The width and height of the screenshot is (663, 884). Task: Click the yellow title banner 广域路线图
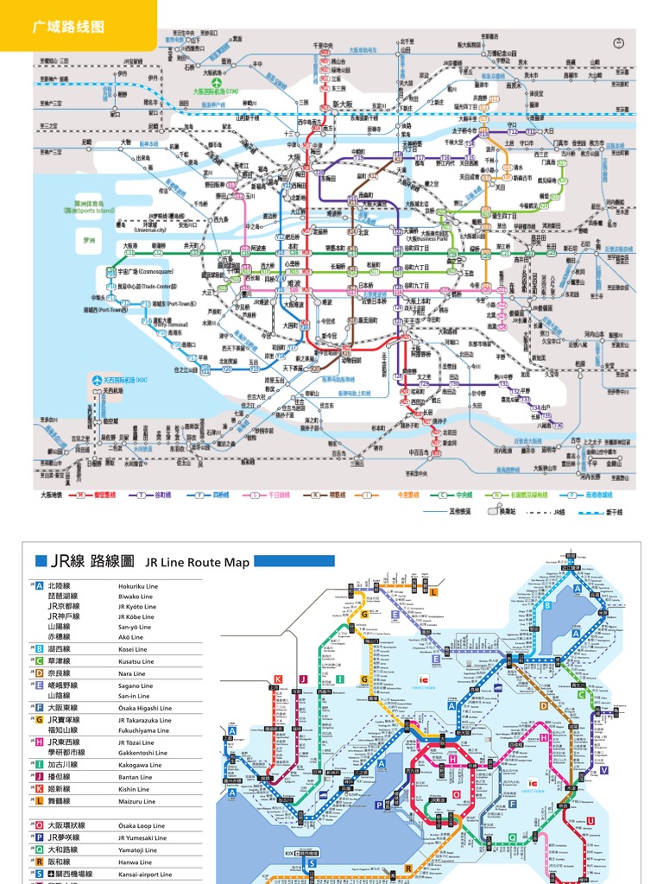click(68, 27)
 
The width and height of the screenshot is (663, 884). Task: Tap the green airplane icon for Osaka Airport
click(215, 82)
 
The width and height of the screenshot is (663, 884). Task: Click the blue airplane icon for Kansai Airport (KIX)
click(97, 380)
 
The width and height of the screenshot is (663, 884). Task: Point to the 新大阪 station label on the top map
click(344, 104)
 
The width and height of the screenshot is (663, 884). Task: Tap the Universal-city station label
click(160, 230)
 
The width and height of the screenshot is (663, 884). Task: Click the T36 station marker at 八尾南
click(558, 426)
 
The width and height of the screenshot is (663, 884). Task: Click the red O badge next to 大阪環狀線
click(39, 825)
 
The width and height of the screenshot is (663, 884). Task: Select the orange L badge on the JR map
click(433, 592)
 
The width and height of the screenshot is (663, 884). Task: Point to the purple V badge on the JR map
click(604, 770)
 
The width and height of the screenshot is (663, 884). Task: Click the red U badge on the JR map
click(590, 821)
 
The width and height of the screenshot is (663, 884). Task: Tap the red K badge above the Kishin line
click(278, 679)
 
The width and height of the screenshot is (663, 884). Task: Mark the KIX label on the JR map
click(289, 852)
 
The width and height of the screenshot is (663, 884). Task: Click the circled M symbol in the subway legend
click(80, 496)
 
